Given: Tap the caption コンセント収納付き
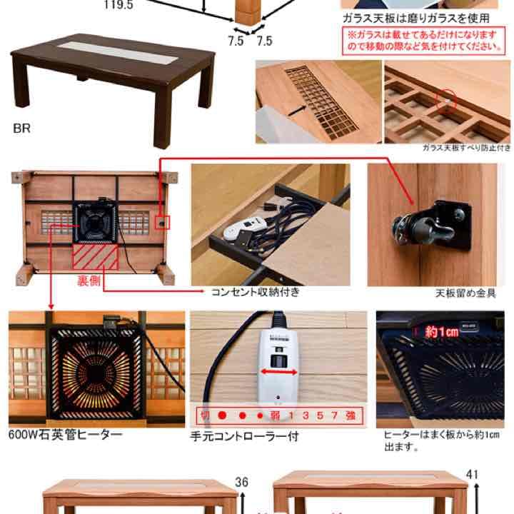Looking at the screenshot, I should click(255, 292).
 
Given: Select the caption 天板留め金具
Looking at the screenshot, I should click(465, 293).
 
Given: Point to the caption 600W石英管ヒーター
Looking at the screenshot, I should click(65, 434).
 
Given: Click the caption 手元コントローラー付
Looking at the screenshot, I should click(243, 435).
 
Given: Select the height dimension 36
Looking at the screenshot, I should click(242, 483).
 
